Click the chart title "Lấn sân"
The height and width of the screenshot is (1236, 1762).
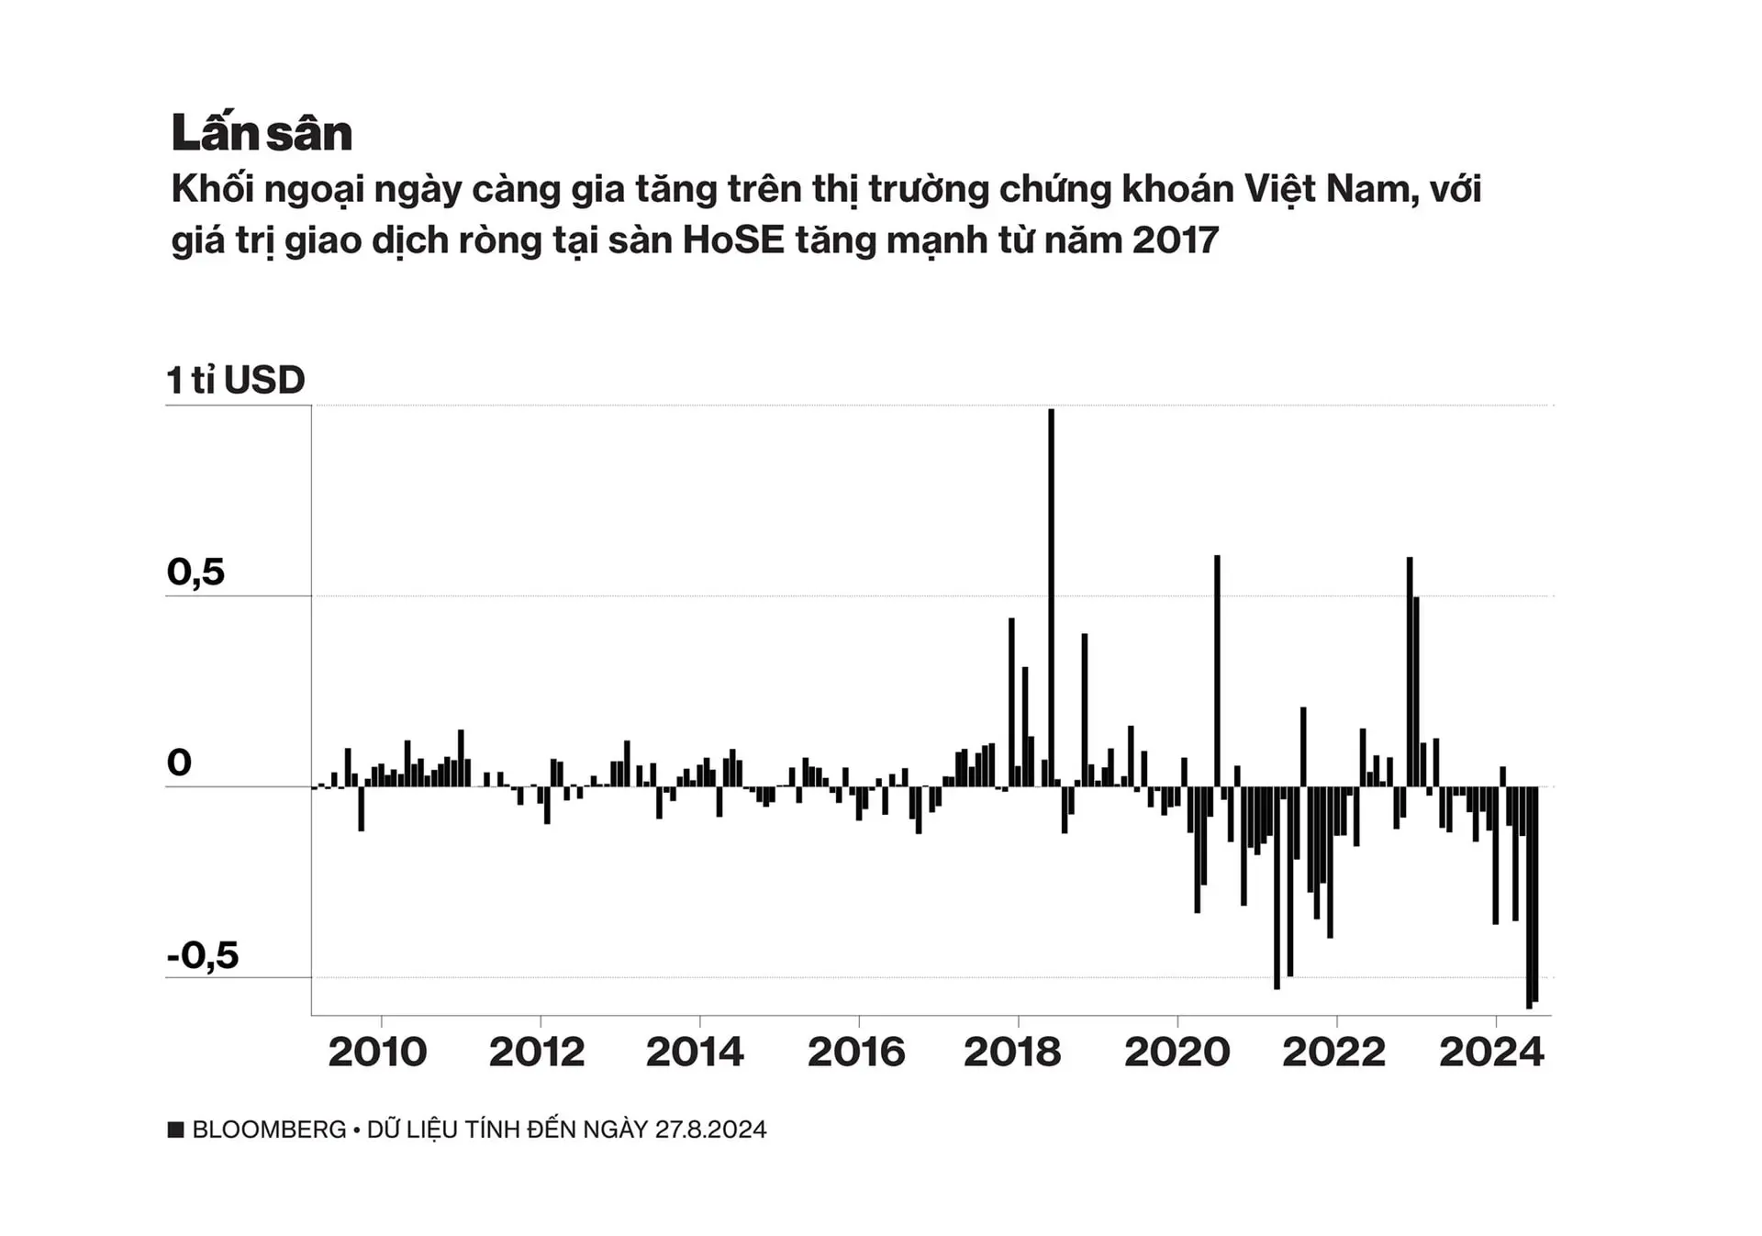[x=262, y=133]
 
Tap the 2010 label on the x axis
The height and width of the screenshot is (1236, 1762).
[x=377, y=1052]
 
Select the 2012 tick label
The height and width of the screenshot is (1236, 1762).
[x=537, y=1052]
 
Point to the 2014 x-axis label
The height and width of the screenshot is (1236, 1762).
[x=695, y=1052]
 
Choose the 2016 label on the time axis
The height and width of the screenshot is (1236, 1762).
[x=856, y=1052]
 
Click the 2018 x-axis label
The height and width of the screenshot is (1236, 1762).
[x=1012, y=1052]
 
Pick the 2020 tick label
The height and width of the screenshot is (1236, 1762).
[x=1177, y=1052]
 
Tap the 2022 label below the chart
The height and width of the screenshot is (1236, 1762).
[x=1333, y=1052]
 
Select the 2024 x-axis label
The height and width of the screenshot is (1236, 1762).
[x=1491, y=1052]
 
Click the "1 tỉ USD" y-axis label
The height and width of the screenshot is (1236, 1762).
[x=236, y=380]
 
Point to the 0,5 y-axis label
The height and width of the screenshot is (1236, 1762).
[x=195, y=572]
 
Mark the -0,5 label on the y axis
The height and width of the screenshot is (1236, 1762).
[x=203, y=955]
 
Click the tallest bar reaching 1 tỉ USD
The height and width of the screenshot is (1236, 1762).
[x=1052, y=596]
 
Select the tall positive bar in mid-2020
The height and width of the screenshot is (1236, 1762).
[x=1217, y=670]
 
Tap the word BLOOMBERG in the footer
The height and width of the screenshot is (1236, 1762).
[x=269, y=1130]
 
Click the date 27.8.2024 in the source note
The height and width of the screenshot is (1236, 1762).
[x=710, y=1130]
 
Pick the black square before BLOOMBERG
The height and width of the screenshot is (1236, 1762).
[x=176, y=1130]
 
